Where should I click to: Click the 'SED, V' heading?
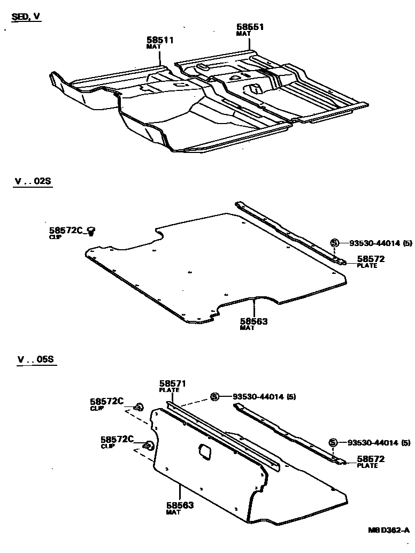coord(26,17)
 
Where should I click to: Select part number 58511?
coord(160,40)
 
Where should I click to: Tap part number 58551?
coord(250,27)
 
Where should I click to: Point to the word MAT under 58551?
coord(243,34)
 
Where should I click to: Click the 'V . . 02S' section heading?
coord(33,181)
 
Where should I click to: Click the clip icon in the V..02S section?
coord(91,231)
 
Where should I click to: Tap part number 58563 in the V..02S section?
coord(253,321)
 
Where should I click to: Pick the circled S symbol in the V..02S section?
coord(334,243)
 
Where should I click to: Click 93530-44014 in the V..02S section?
coord(374,243)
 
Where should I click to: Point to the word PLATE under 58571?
coord(169,390)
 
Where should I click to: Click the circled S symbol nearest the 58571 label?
coord(214,396)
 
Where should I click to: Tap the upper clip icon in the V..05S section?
coord(139,407)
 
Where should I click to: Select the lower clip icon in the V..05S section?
coord(149,444)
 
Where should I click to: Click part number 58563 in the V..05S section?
coord(179,505)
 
